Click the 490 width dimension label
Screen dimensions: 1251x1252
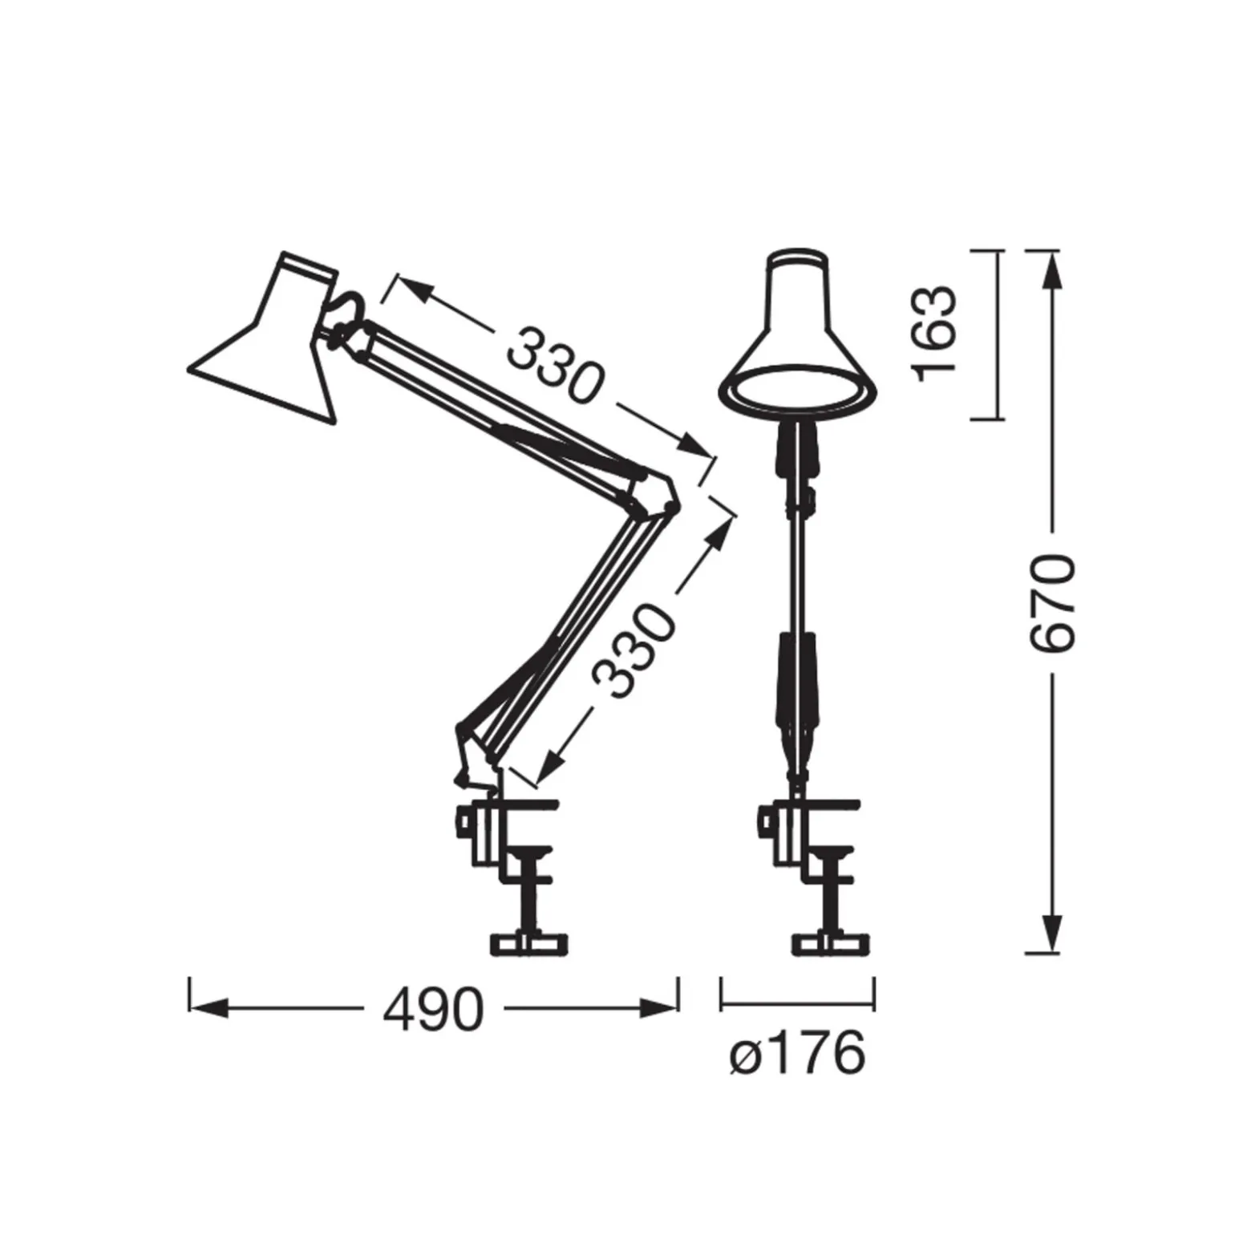[433, 1009]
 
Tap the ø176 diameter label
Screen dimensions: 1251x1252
[798, 1052]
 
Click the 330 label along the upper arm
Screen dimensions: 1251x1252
[553, 366]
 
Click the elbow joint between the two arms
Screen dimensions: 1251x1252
[654, 492]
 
